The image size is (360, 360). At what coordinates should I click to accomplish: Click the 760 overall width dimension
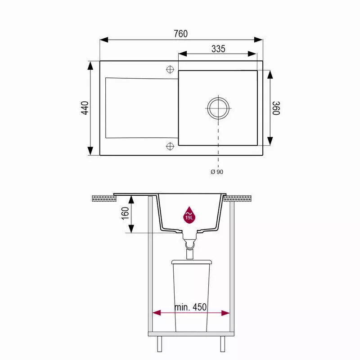pyautogui.click(x=181, y=34)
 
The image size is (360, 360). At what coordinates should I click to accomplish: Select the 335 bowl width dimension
pyautogui.click(x=218, y=49)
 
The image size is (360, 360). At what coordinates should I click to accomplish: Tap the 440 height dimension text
pyautogui.click(x=85, y=108)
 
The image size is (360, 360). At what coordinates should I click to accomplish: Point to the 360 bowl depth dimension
pyautogui.click(x=276, y=108)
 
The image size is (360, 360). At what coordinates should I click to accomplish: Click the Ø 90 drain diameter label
pyautogui.click(x=217, y=172)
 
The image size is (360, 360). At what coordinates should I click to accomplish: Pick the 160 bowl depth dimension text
pyautogui.click(x=125, y=213)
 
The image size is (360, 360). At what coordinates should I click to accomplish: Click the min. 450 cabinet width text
pyautogui.click(x=190, y=307)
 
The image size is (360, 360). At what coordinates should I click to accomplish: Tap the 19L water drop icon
pyautogui.click(x=189, y=215)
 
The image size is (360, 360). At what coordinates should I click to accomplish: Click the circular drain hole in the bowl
pyautogui.click(x=218, y=108)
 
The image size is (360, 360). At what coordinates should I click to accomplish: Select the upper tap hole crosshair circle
pyautogui.click(x=170, y=69)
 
